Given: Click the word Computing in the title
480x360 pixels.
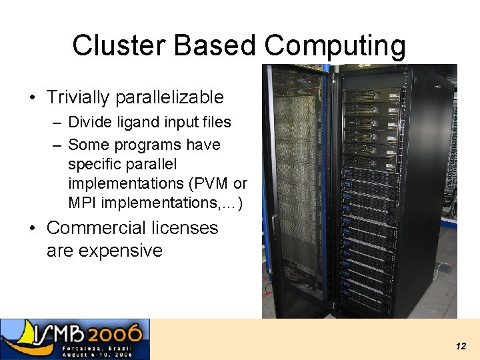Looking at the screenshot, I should tap(335, 46).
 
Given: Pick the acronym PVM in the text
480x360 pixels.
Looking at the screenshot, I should tap(213, 183).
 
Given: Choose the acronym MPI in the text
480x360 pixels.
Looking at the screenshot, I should tap(82, 202).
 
